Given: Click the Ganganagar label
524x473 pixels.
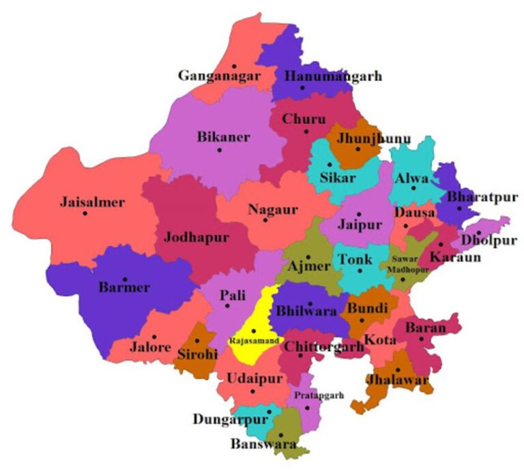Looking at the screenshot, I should click(219, 76).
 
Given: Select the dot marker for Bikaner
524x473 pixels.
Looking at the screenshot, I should click(219, 150).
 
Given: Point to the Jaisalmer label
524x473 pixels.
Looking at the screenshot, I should click(92, 202).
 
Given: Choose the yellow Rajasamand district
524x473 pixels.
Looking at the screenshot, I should click(250, 320).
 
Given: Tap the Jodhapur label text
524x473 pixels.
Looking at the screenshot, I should click(196, 237).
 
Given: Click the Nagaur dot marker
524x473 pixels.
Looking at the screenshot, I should click(265, 219).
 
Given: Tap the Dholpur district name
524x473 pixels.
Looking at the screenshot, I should click(489, 241).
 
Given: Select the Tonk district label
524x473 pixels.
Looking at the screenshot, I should click(355, 260).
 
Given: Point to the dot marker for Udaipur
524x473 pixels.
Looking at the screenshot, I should click(252, 391).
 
